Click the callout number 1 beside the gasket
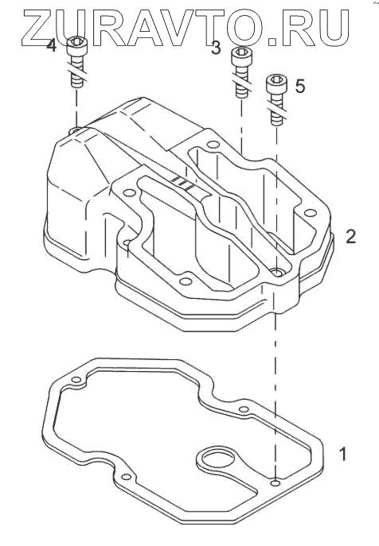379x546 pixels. [343, 454]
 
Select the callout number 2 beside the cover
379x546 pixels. [350, 236]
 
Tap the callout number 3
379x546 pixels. [216, 48]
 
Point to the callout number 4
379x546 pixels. [51, 45]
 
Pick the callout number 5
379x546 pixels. [300, 86]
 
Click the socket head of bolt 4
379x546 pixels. [76, 47]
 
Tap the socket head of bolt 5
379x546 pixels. [277, 84]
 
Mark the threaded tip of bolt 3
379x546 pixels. [241, 91]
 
